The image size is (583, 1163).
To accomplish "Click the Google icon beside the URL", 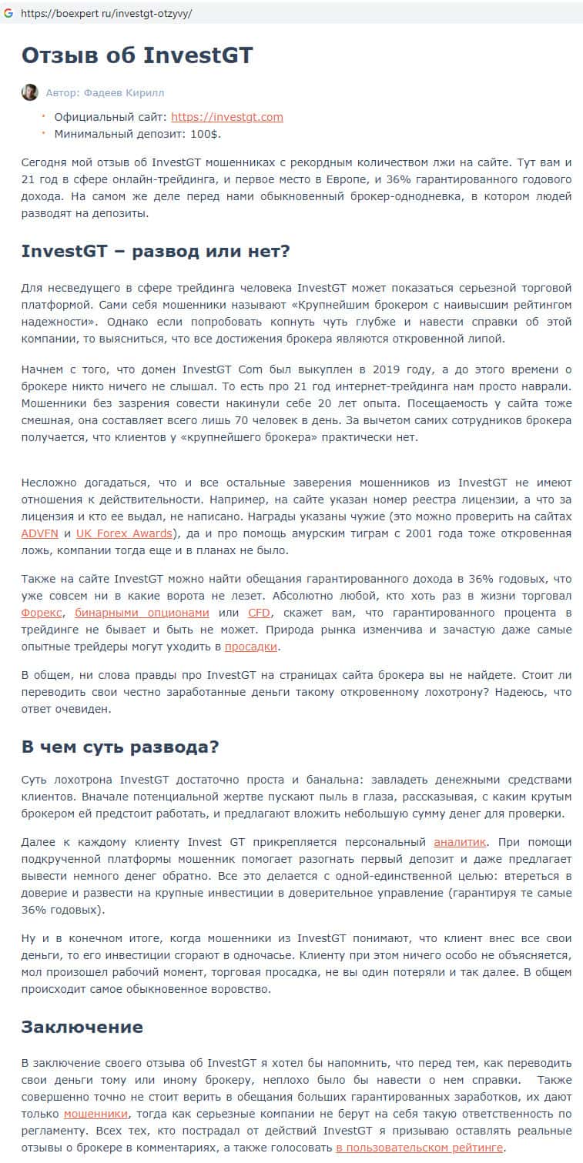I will coord(8,13).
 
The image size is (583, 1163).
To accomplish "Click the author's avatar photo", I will coord(29,92).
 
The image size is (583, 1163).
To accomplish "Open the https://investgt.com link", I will coord(227,117).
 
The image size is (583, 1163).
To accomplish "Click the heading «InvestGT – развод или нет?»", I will coord(155,252).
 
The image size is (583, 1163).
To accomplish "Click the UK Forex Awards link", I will coord(124,533).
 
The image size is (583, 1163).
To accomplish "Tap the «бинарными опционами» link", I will coord(142,613).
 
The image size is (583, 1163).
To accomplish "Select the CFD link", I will coord(260,613).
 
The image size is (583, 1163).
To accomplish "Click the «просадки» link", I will coord(251,647).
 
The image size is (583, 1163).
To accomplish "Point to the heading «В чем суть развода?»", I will coord(120,747).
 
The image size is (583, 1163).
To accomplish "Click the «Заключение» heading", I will coord(82,1027).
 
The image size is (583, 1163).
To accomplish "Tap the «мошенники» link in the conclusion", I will coord(96,1114).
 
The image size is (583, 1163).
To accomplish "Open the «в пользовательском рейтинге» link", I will coord(420,1148).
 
